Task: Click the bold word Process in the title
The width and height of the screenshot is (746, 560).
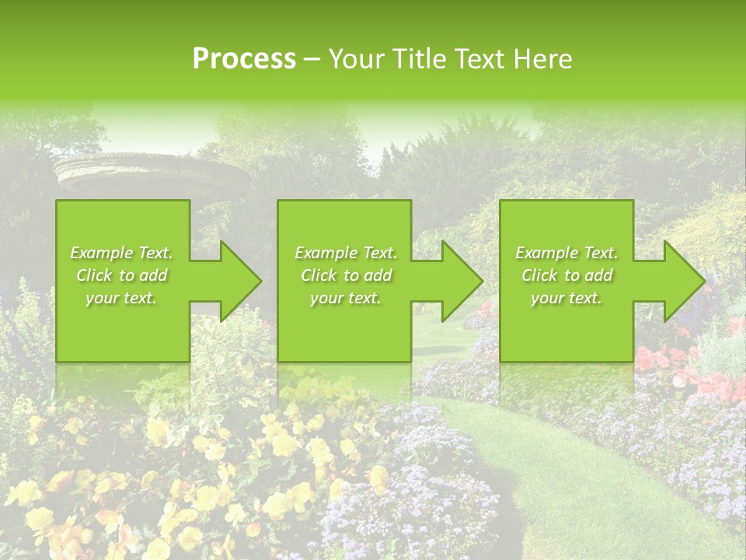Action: click(x=244, y=59)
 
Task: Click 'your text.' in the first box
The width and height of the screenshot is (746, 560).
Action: click(x=121, y=298)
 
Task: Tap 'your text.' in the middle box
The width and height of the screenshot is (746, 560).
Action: click(x=345, y=298)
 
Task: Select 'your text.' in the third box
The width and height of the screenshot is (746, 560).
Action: click(x=566, y=298)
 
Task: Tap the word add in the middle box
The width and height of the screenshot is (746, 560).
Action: click(x=378, y=275)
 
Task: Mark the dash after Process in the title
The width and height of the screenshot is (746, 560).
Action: click(x=312, y=60)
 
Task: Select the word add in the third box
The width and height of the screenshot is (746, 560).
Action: click(x=598, y=275)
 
